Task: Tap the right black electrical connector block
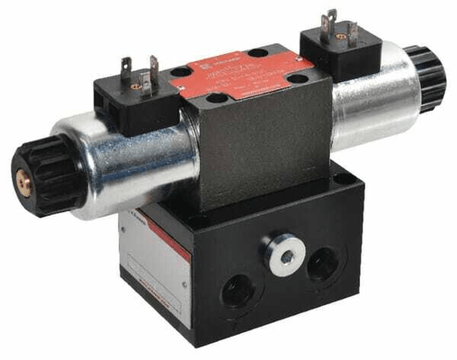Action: tap(329, 49)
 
